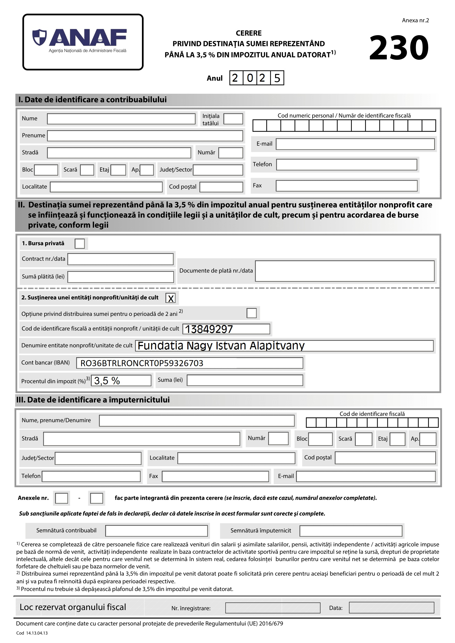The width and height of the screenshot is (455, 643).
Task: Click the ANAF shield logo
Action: pyautogui.click(x=40, y=37)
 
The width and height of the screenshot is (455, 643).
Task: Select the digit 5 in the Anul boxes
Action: pyautogui.click(x=277, y=78)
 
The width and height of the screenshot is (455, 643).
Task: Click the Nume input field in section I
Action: pyautogui.click(x=121, y=119)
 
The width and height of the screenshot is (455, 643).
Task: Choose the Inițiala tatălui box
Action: pyautogui.click(x=233, y=119)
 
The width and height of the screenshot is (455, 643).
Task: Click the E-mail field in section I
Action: pyautogui.click(x=355, y=144)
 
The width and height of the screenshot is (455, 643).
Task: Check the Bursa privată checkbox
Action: pyautogui.click(x=80, y=244)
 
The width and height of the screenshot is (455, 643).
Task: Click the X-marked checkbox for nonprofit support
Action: pyautogui.click(x=171, y=298)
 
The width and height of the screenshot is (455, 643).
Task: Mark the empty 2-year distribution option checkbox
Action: pyautogui.click(x=251, y=313)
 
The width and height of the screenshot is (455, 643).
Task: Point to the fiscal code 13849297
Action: pyautogui.click(x=209, y=329)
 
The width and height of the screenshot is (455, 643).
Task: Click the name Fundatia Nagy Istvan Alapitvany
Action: pyautogui.click(x=221, y=346)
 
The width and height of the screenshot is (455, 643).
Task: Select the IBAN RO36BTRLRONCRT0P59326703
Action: pyautogui.click(x=142, y=363)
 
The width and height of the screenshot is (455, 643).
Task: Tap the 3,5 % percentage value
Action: pyautogui.click(x=107, y=380)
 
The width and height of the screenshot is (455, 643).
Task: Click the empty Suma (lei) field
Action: pyautogui.click(x=245, y=380)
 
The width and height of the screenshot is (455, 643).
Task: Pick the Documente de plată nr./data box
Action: pyautogui.click(x=345, y=271)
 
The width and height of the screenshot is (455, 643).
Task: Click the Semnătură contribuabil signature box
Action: pyautogui.click(x=156, y=531)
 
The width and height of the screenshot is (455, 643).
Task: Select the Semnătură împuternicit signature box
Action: pyautogui.click(x=350, y=531)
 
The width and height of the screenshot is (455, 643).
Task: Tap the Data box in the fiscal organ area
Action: pyautogui.click(x=391, y=608)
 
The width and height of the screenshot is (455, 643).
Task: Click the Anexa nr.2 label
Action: pyautogui.click(x=415, y=20)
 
